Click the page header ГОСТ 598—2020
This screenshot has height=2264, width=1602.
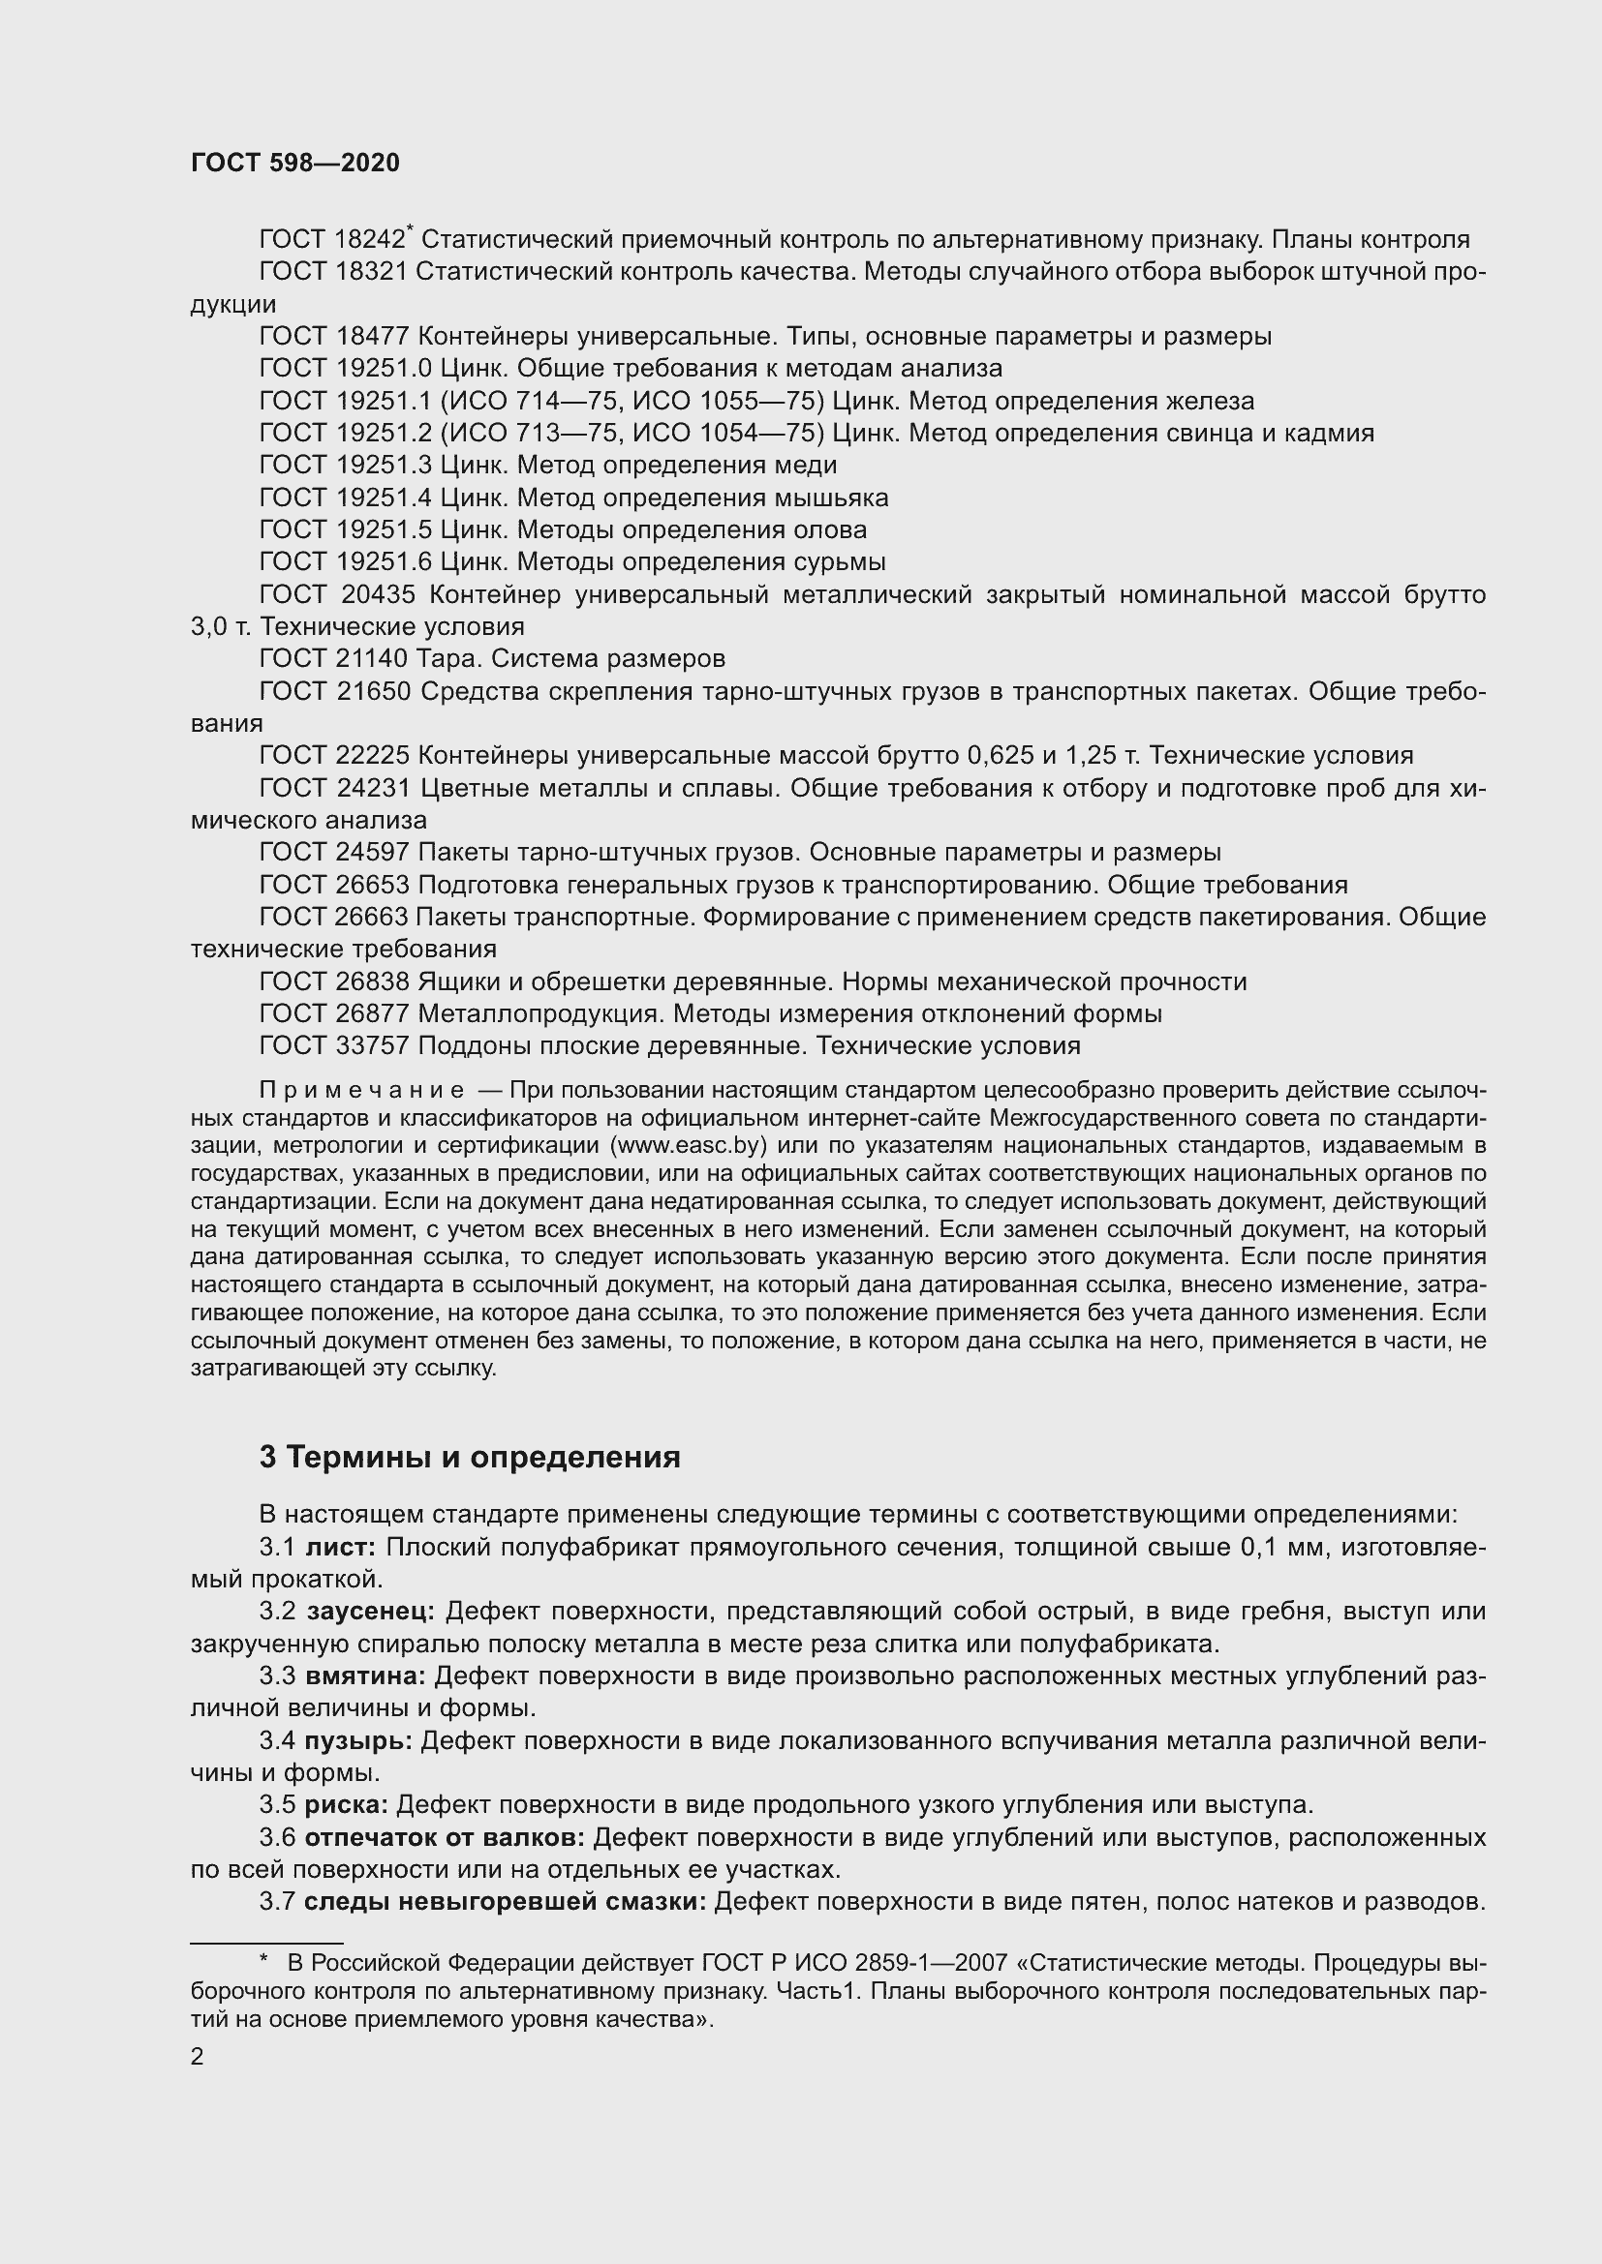[295, 163]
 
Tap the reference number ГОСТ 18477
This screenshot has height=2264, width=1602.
[333, 336]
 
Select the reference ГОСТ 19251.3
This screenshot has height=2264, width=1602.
[345, 465]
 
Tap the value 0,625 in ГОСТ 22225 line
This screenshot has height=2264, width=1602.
[1002, 755]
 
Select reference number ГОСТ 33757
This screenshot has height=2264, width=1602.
[333, 1045]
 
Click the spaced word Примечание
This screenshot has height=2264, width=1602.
[361, 1091]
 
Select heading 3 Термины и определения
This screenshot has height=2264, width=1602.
[470, 1458]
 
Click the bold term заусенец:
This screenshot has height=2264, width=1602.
[370, 1612]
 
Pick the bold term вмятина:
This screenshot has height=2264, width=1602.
[365, 1676]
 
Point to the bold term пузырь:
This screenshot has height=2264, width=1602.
[358, 1740]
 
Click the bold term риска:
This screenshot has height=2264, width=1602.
[345, 1804]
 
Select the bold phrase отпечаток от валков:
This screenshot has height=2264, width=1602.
[444, 1837]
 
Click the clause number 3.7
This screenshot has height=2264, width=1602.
[277, 1901]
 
